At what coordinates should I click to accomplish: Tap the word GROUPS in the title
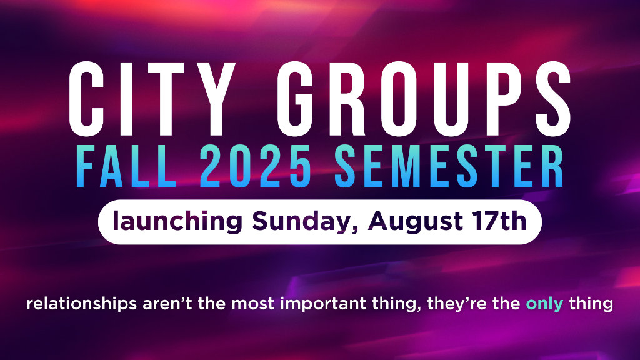point(424,99)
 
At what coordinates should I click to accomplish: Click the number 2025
point(256,167)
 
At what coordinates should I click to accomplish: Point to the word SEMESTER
point(449,167)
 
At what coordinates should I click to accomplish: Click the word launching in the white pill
point(177,222)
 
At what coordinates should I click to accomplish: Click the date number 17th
point(499,221)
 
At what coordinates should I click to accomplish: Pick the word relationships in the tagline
point(82,304)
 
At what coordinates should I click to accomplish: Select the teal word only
point(544,304)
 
